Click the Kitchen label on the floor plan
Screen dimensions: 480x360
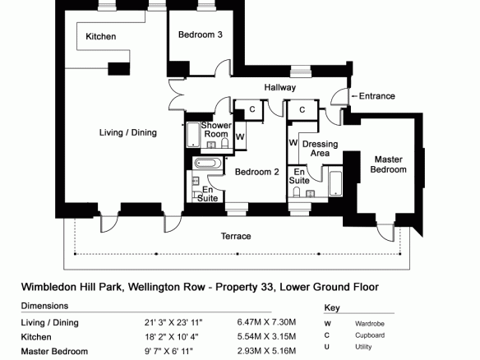point(101,36)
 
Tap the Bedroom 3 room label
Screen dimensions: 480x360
point(201,35)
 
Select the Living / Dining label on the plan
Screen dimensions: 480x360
point(128,132)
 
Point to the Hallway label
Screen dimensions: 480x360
point(280,88)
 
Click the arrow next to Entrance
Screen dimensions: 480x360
point(354,96)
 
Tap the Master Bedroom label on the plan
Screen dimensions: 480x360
point(388,164)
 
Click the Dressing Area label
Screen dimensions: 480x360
point(320,149)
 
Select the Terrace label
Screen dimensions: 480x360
point(236,236)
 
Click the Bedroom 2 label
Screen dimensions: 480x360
point(256,172)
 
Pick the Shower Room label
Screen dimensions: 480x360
point(216,130)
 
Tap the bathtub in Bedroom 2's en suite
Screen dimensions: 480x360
point(208,164)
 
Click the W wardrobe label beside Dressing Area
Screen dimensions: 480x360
point(293,143)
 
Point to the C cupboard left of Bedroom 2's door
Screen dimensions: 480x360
point(252,109)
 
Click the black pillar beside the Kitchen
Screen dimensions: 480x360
point(119,69)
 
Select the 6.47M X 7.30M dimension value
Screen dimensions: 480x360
point(266,322)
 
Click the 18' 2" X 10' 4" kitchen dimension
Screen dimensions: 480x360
point(172,337)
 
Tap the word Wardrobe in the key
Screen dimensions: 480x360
point(370,324)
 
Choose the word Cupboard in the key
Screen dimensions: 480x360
point(370,335)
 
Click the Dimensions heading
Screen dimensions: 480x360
point(44,306)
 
